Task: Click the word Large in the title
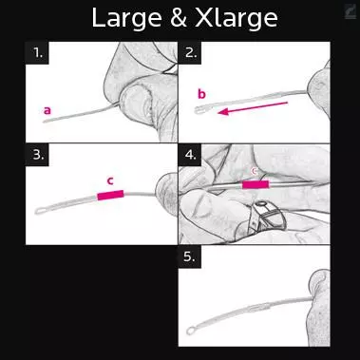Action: point(126,19)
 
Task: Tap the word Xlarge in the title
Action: point(237,18)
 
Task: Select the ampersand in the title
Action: point(179,18)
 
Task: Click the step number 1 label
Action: point(37,52)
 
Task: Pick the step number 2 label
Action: point(191,52)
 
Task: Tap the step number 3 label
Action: point(38,155)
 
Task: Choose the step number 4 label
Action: point(191,155)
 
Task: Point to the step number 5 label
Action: point(189,256)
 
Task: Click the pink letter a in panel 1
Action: point(47,110)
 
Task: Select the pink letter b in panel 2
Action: point(201,94)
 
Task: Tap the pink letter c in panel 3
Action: point(110,181)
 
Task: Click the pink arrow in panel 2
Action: point(254,107)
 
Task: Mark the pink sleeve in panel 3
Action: point(110,195)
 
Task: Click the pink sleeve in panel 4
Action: point(256,184)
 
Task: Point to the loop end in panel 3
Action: point(41,211)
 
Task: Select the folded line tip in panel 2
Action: point(199,110)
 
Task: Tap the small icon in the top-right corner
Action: point(351,12)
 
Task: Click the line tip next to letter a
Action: point(46,122)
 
